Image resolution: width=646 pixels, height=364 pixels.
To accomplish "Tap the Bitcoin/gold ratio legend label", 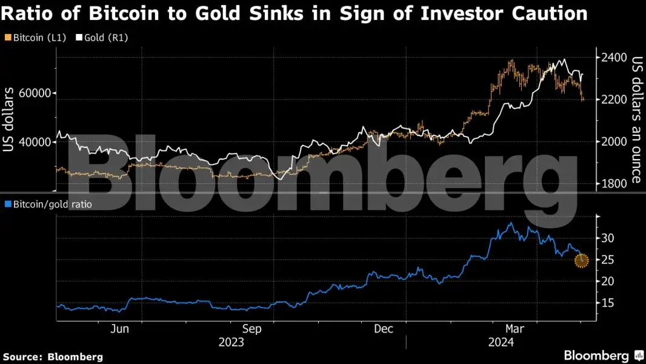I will pyautogui.click(x=48, y=204).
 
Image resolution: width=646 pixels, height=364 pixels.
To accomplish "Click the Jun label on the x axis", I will pyautogui.click(x=121, y=329).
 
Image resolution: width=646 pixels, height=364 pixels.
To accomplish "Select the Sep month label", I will pyautogui.click(x=251, y=329).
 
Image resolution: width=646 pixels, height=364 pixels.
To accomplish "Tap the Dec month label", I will pyautogui.click(x=384, y=329).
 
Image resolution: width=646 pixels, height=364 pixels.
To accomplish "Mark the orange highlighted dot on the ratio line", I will pyautogui.click(x=581, y=261).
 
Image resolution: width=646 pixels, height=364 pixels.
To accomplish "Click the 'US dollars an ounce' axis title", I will pyautogui.click(x=637, y=120).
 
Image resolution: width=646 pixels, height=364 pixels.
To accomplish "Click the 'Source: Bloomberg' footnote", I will pyautogui.click(x=53, y=357).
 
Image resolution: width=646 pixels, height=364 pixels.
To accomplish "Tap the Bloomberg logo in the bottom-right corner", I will pyautogui.click(x=602, y=356).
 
